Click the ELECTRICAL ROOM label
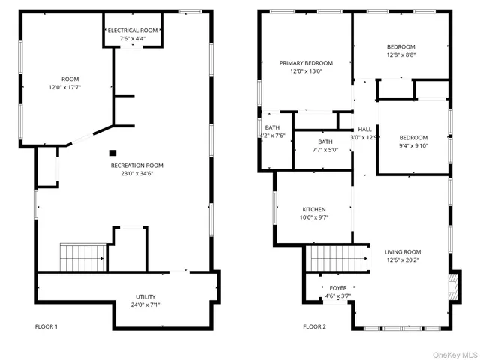133,30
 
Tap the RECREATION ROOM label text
136,166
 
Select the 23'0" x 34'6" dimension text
136,174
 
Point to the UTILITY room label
145,297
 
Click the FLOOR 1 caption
46,326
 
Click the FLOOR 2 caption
315,326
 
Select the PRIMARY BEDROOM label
306,63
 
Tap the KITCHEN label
314,209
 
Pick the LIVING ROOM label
403,252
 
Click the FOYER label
338,288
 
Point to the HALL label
365,130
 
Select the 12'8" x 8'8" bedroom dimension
400,55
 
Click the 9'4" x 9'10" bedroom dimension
412,146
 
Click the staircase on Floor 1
80,257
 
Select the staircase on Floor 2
337,259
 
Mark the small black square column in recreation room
112,151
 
